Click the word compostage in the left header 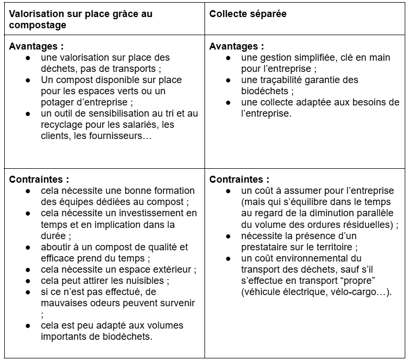[x=37, y=25]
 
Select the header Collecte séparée [x=248, y=14]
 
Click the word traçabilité [x=284, y=80]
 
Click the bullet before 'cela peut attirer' [x=28, y=281]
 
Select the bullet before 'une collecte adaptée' [x=228, y=102]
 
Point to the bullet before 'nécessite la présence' [x=228, y=236]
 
